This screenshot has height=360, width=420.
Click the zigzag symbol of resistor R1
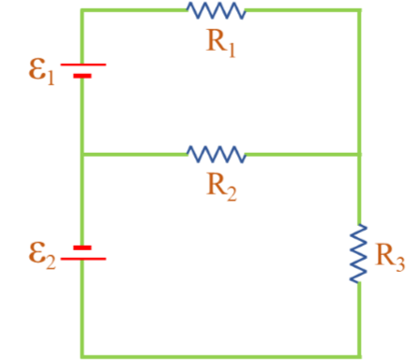coord(217,10)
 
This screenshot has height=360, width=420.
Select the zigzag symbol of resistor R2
coord(217,153)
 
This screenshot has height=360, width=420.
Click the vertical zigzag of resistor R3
coord(360,251)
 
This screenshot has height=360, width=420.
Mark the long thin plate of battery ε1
coord(82,65)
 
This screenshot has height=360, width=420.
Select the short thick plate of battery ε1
coord(82,76)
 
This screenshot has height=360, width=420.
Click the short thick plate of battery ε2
coord(82,247)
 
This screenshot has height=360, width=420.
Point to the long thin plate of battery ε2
coord(82,259)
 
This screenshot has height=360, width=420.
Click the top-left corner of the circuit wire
coord(82,10)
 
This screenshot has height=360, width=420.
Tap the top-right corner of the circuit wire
coord(360,10)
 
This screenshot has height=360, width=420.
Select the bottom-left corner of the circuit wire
coord(82,355)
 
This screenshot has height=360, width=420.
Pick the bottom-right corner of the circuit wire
coord(360,355)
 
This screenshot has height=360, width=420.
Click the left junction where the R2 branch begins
coord(82,153)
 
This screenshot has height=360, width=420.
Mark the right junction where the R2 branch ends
coord(360,153)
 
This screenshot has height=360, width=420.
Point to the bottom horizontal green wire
coord(221,355)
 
